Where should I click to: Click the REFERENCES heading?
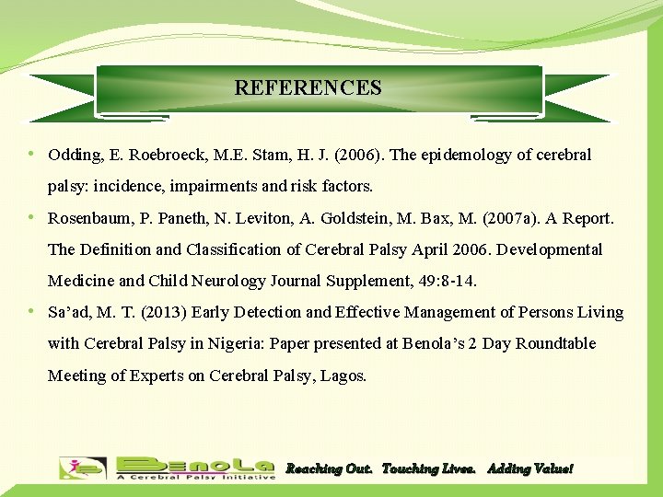[308, 88]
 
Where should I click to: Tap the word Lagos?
[343, 376]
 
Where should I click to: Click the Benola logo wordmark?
[195, 466]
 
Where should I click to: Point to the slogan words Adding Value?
[529, 468]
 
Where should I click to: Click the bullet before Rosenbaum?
[32, 217]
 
